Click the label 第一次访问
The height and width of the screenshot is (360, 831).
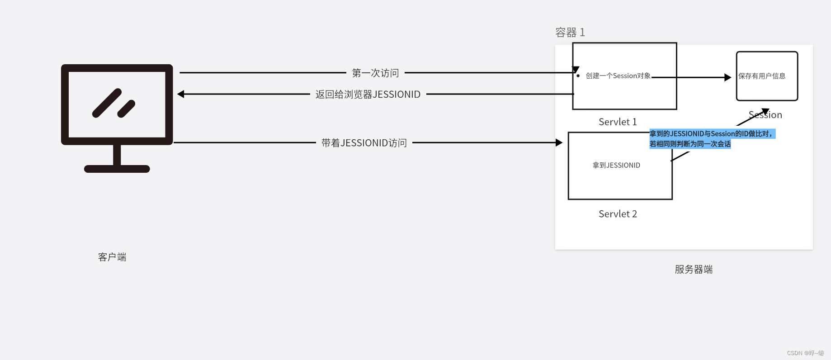[375, 73]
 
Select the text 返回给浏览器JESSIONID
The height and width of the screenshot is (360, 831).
[368, 95]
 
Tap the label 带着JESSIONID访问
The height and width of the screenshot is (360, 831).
[364, 143]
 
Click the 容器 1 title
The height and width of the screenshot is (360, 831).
[570, 33]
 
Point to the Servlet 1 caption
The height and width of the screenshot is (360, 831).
[618, 122]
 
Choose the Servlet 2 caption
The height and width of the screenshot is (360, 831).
[618, 214]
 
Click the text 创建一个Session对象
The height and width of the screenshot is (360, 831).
[618, 76]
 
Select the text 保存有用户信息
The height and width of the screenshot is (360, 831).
[762, 76]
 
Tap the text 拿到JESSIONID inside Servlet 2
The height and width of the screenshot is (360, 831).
[616, 166]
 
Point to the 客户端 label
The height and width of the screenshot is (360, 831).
[112, 257]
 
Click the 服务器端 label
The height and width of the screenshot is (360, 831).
[694, 270]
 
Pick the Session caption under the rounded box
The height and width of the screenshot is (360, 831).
[765, 115]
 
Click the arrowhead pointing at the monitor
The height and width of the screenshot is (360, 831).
[181, 94]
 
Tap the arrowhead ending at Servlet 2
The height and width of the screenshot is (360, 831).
[559, 142]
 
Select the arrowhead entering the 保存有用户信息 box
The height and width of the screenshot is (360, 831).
[728, 77]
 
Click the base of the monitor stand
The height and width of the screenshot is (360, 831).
[117, 169]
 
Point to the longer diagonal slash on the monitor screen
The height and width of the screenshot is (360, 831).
[107, 103]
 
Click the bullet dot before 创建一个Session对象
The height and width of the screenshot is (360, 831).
[578, 76]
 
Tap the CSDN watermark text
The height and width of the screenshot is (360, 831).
[805, 353]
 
